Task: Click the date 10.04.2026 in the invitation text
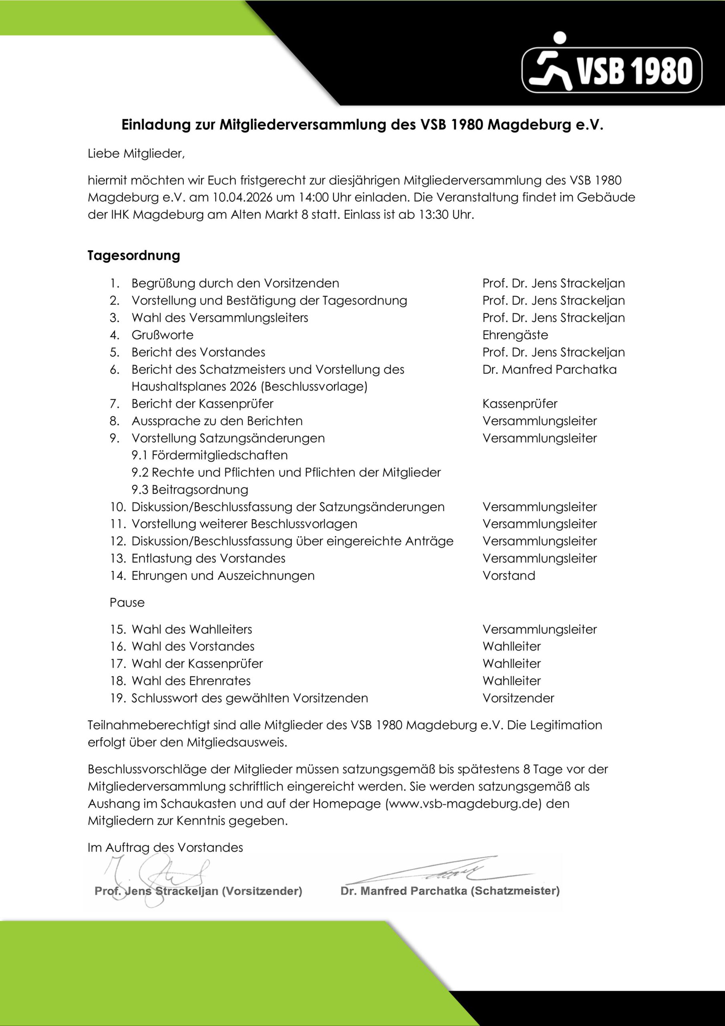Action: click(x=242, y=198)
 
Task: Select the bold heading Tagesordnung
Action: click(x=133, y=256)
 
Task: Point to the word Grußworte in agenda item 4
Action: click(x=162, y=335)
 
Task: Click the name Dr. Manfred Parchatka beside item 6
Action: click(x=549, y=370)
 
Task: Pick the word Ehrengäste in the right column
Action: click(x=515, y=335)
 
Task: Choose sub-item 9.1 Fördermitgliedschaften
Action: click(x=209, y=455)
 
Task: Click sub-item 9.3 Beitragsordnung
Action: click(x=190, y=490)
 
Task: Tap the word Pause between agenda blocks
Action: click(x=127, y=602)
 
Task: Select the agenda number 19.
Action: click(x=118, y=698)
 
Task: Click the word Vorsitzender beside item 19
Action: click(x=518, y=698)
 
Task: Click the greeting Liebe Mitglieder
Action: click(x=136, y=154)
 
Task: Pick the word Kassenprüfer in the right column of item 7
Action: click(x=520, y=404)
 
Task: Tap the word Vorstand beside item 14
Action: click(x=508, y=576)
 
